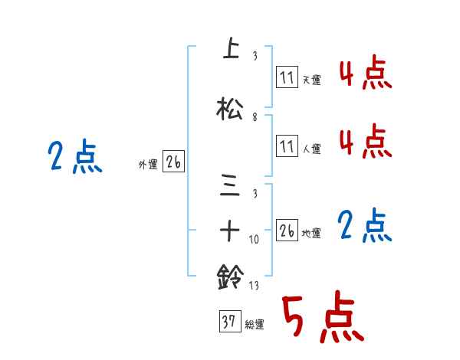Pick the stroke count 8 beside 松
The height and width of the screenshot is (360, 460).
255,118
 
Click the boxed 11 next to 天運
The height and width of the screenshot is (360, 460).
286,77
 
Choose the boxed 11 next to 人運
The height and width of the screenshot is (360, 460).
286,146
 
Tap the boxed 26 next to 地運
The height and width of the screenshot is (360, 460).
287,231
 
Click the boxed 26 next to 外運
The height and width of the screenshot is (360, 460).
174,162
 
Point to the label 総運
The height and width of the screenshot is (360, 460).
255,325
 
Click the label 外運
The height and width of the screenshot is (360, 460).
148,163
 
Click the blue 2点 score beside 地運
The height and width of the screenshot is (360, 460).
364,226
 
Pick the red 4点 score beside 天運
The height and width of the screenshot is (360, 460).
364,74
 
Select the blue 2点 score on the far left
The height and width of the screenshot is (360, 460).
75,158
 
